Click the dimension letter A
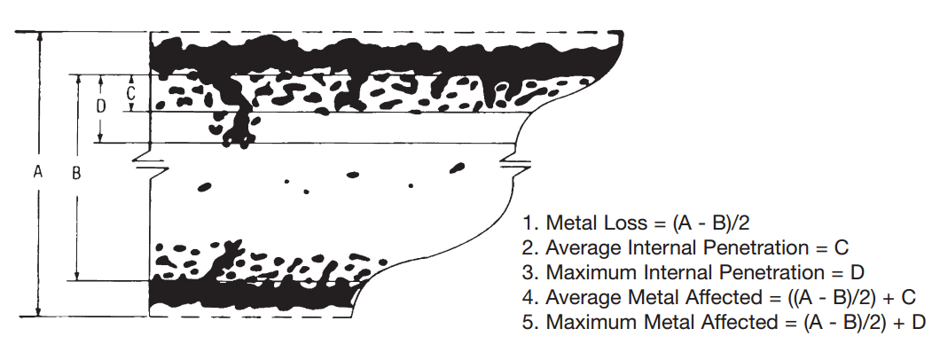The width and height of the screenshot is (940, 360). pos(38,173)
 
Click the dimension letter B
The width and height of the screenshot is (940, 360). pos(77,173)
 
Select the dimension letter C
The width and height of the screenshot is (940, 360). pos(131,93)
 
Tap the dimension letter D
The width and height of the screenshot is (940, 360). pos(101,106)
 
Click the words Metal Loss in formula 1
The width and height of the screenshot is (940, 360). pos(597,223)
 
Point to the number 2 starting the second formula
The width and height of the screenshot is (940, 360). pos(529,248)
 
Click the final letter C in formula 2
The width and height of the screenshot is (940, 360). pos(842,248)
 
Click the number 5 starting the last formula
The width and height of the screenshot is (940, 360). pos(529,322)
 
